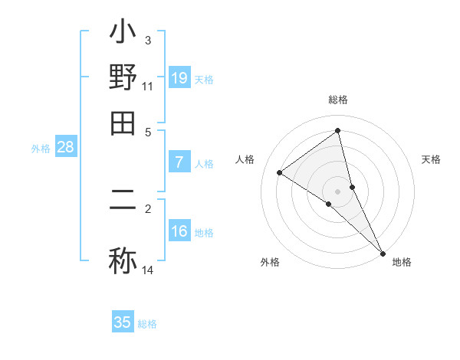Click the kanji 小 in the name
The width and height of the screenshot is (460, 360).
123,34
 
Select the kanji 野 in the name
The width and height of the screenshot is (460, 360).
123,77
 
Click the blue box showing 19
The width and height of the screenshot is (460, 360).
179,77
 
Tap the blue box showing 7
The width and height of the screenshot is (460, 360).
179,162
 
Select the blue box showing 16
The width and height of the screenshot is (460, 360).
179,231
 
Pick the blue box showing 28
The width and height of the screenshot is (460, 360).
65,148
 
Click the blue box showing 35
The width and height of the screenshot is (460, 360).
123,322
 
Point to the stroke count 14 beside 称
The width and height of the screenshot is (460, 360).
148,271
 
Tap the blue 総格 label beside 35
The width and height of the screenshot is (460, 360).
147,324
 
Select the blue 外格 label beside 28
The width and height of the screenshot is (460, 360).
41,149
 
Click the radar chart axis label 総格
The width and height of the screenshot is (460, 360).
337,100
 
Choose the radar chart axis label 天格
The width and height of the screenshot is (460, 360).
432,159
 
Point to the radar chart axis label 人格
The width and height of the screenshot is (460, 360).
245,159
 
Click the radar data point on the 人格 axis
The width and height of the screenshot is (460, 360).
280,172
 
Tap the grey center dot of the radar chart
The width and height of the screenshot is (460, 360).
337,191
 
